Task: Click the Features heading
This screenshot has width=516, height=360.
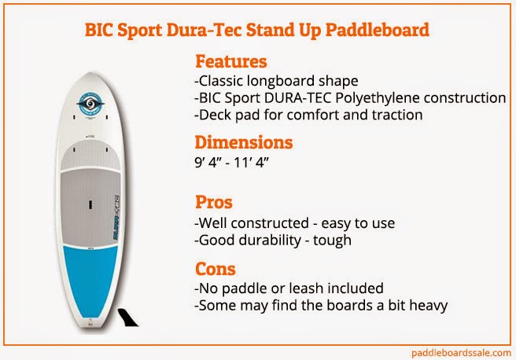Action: pos(230,61)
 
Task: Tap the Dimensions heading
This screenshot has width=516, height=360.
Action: pos(243,143)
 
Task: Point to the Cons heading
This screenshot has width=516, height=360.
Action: pos(215,269)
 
